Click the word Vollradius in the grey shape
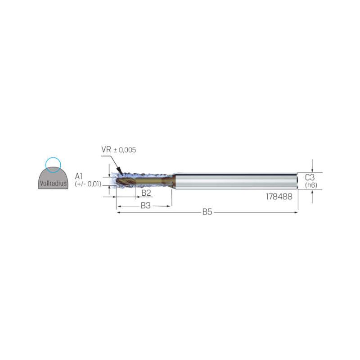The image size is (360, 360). tap(53, 183)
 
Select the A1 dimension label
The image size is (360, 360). tap(78, 176)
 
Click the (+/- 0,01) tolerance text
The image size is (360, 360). tap(88, 184)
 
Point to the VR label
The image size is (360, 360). tap(106, 150)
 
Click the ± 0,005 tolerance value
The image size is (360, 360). tap(125, 150)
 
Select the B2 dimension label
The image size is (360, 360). tap(146, 193)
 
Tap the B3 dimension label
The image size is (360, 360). tap(145, 206)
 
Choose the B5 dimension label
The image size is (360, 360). tap(207, 212)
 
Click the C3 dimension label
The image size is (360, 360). tap(310, 177)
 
